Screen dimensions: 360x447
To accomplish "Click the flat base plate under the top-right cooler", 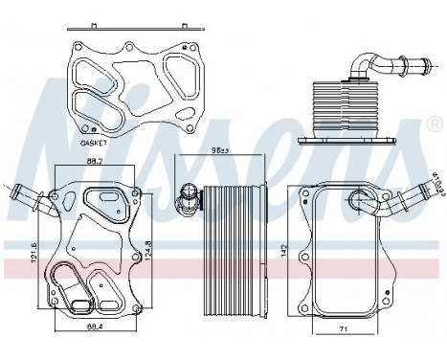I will pos(346,141).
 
